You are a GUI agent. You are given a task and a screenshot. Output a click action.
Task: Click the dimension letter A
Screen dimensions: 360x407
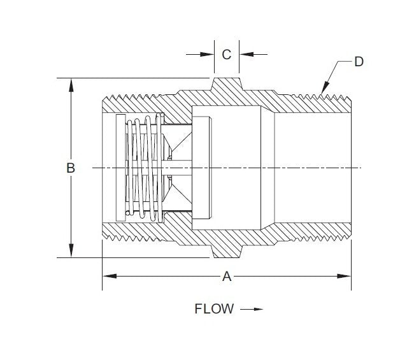tap(226, 277)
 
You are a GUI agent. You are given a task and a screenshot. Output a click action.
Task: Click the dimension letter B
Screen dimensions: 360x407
tap(71, 168)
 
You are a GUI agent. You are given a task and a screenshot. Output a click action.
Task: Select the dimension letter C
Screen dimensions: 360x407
tap(226, 54)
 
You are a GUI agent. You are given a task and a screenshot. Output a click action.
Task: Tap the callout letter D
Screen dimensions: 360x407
tap(359, 62)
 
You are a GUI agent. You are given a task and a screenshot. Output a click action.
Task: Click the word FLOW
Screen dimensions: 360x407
tap(214, 309)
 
